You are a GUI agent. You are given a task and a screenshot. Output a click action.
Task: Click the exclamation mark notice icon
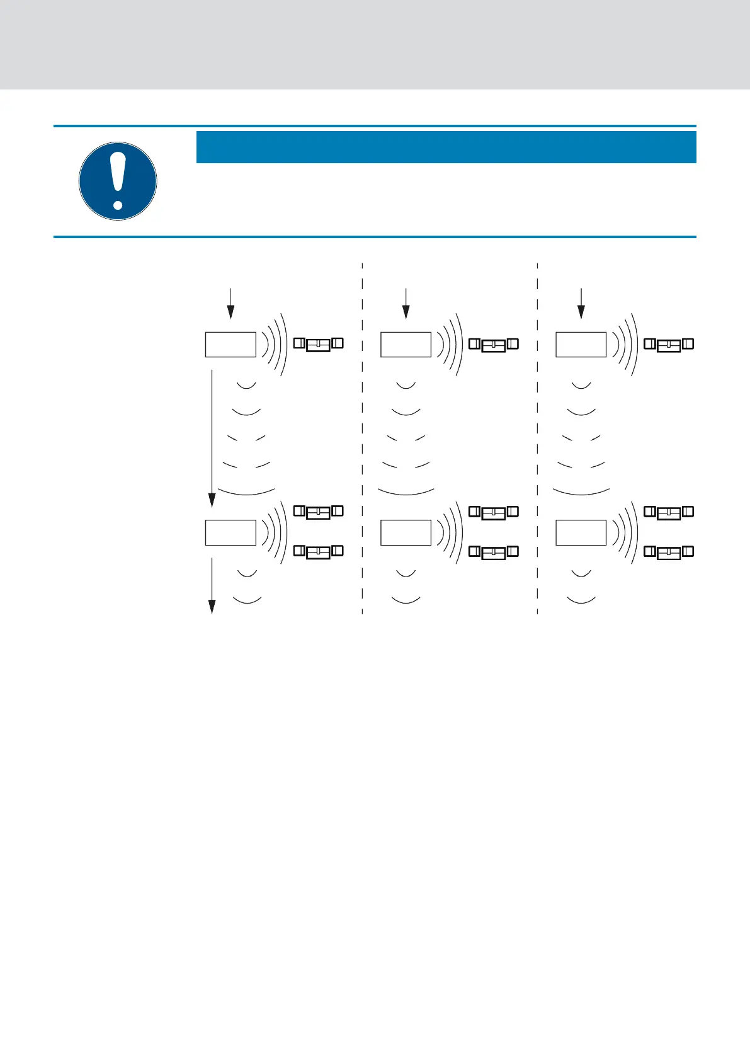118,181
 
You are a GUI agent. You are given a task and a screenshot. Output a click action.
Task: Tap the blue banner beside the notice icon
446,147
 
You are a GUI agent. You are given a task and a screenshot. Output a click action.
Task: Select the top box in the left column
230,345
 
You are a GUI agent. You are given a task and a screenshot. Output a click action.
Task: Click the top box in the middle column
406,345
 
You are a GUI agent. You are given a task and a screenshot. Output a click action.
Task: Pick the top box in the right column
581,345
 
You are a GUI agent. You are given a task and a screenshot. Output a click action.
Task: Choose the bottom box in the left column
230,532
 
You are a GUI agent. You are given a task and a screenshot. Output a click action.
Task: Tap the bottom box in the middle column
406,532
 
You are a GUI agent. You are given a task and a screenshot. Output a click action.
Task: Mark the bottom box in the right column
581,532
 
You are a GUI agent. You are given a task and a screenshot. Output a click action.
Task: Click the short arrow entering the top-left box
231,303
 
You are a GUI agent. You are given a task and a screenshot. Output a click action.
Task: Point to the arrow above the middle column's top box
406,303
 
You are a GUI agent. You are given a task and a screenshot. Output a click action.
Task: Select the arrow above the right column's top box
581,303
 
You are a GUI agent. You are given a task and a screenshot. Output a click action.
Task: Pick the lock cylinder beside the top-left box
319,344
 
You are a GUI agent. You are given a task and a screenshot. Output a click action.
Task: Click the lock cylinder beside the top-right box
669,344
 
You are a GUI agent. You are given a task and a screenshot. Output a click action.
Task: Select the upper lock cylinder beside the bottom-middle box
494,512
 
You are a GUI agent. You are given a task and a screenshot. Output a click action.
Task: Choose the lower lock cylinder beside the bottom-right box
669,552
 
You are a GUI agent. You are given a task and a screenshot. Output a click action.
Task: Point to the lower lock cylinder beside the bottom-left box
319,552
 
